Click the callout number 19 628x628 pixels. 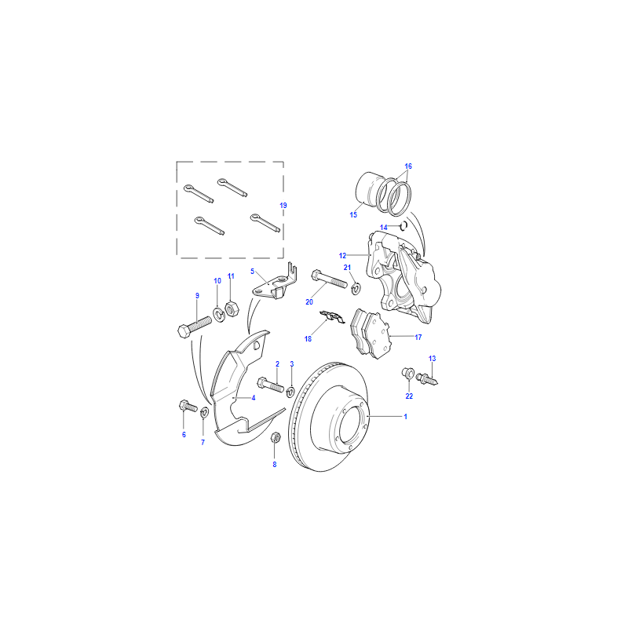point(283,206)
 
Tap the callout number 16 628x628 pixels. point(408,166)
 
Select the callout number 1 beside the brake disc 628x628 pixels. point(405,417)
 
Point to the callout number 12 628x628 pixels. point(342,256)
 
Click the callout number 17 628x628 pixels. point(418,338)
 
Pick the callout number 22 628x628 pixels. point(409,396)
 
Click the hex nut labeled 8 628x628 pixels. point(276,437)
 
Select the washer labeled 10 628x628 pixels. point(219,315)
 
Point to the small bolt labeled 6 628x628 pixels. point(188,406)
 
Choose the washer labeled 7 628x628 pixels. point(204,411)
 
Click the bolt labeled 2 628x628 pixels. point(270,385)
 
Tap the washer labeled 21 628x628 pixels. point(356,288)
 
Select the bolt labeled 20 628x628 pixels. point(329,279)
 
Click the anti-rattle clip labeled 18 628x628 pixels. point(332,316)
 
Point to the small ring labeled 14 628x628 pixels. point(403,226)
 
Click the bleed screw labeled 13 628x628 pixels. point(427,378)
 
